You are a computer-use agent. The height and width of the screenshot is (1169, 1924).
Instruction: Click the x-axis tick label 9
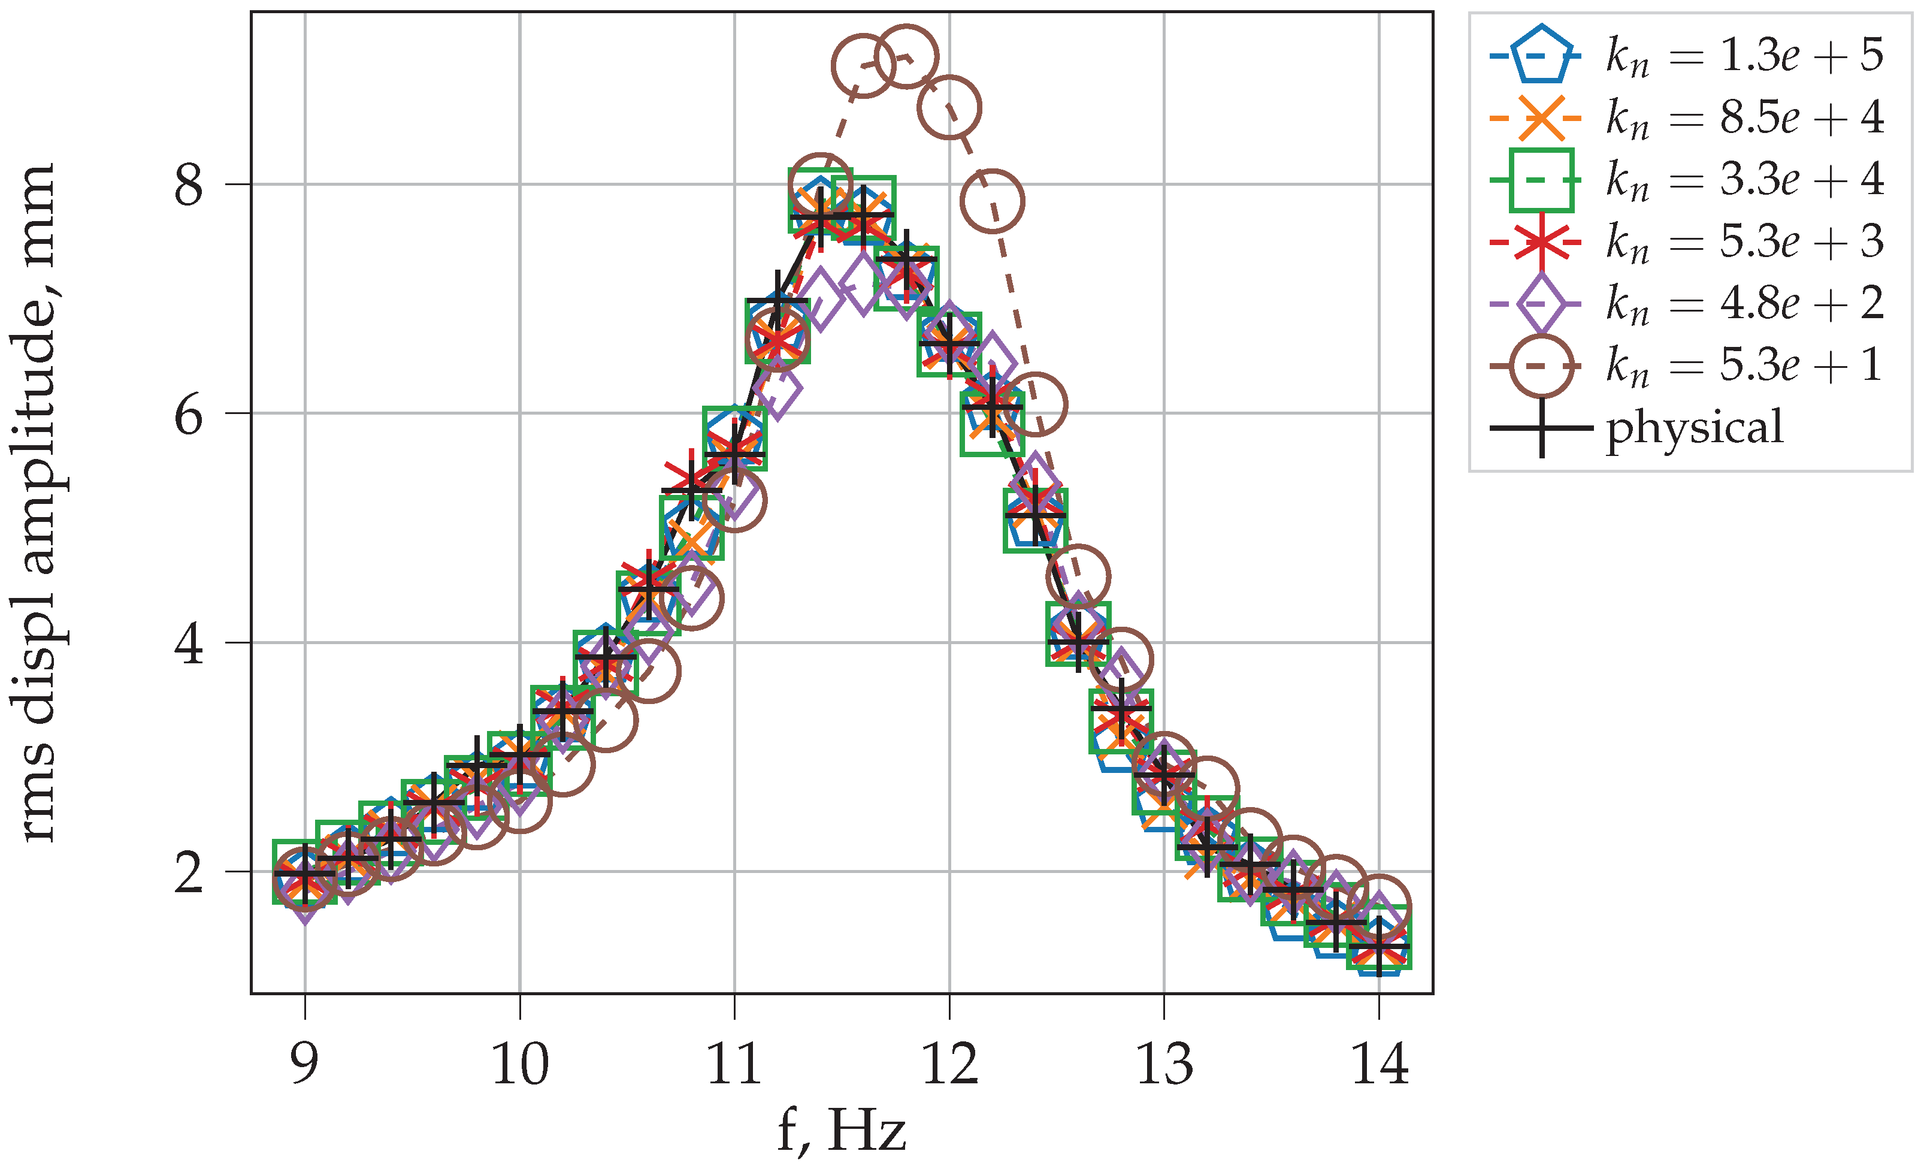304,1064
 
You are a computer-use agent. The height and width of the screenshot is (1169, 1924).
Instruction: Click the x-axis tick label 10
520,1064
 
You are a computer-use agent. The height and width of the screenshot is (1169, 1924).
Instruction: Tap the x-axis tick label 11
734,1064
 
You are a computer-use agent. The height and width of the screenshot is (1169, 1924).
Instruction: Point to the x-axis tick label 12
949,1064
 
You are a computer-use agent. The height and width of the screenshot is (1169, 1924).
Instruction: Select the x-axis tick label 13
1164,1064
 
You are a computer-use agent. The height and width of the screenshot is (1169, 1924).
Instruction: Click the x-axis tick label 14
1380,1064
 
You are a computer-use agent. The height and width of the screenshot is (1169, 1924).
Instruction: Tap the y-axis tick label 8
189,185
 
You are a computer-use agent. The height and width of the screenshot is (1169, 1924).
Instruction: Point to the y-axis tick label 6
189,414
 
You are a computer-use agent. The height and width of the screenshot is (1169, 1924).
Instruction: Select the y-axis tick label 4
189,644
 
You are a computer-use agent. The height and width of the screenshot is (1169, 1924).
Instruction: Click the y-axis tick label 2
189,872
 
